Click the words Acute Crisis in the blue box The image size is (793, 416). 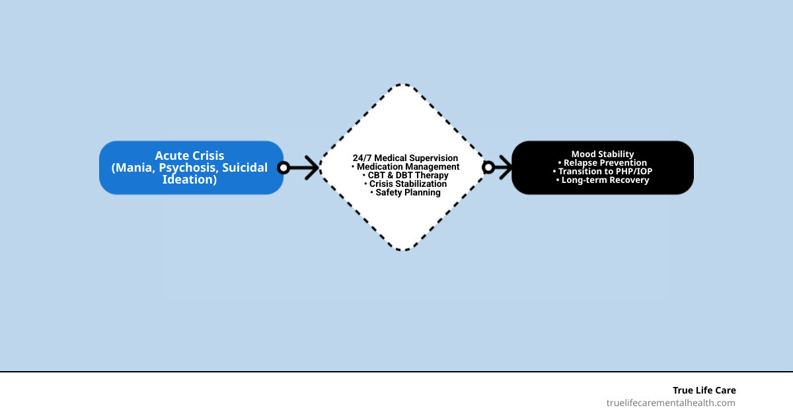190,156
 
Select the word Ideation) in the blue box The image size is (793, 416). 190,179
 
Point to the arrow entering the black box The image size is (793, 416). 502,168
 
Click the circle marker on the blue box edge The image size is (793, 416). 283,168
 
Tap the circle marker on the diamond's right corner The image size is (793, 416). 488,168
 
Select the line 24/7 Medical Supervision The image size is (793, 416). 405,158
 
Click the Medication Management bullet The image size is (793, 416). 405,167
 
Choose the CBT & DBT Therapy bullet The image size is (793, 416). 405,176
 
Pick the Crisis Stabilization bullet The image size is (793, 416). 405,184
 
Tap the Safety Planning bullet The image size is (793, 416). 405,193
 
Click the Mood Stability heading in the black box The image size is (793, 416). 603,154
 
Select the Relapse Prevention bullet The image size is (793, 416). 603,162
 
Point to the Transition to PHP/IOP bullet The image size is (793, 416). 603,171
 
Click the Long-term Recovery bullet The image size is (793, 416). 603,180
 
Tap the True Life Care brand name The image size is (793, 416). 704,390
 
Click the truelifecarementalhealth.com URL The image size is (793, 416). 671,403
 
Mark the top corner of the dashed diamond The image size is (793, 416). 403,85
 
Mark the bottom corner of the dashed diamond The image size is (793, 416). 403,250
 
